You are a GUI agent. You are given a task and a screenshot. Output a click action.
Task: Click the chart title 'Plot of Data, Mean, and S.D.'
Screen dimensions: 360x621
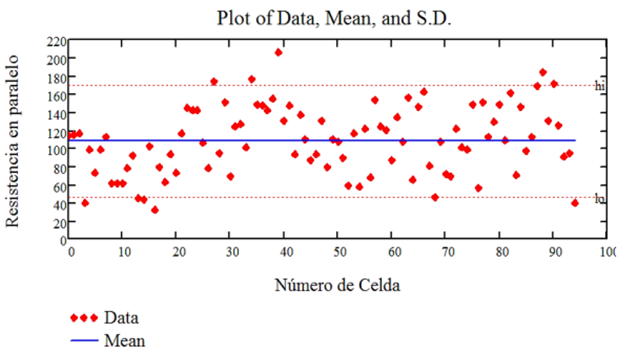pos(334,18)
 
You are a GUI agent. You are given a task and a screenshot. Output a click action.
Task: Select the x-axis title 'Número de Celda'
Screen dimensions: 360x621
pos(337,285)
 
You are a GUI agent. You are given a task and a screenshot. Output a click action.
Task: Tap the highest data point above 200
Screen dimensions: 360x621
pos(278,52)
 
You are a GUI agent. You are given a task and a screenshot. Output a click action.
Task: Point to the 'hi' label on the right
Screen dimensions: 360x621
pos(599,87)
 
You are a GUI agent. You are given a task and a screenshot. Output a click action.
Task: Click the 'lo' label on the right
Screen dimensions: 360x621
pos(599,199)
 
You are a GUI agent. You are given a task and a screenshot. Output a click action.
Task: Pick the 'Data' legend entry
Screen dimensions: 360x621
pos(120,317)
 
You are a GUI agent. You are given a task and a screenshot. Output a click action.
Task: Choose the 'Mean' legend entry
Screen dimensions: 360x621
pos(124,341)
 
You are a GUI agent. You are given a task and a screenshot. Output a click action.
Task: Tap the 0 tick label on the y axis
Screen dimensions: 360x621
pos(62,240)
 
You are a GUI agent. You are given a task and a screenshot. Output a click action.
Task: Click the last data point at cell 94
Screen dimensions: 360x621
pos(575,203)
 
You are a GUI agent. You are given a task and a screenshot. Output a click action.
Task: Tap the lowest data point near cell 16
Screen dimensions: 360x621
pos(155,209)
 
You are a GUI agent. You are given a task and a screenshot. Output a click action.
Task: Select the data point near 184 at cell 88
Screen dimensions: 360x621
pos(543,72)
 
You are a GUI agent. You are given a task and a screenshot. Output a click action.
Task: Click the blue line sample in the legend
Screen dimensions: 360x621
pos(84,341)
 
